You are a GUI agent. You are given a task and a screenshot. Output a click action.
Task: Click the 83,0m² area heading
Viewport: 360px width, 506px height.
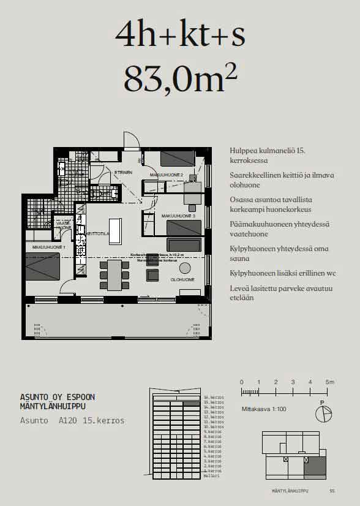pyautogui.click(x=180, y=78)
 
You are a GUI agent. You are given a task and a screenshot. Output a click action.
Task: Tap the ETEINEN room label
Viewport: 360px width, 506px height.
pyautogui.click(x=123, y=173)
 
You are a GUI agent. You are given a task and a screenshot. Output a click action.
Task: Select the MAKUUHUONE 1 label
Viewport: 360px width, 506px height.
pyautogui.click(x=48, y=247)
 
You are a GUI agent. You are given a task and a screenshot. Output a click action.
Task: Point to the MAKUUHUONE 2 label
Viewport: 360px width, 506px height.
pyautogui.click(x=167, y=175)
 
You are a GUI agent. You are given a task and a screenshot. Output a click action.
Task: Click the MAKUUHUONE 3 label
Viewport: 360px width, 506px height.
pyautogui.click(x=178, y=216)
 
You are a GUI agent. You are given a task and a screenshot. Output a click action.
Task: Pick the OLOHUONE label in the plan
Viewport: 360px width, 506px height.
pyautogui.click(x=182, y=279)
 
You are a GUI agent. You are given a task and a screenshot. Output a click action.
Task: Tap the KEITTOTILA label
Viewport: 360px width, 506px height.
pyautogui.click(x=97, y=233)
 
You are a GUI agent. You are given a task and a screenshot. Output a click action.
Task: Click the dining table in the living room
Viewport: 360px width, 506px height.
pyautogui.click(x=114, y=274)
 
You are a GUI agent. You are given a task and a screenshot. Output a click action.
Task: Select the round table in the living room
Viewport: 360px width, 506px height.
pyautogui.click(x=185, y=268)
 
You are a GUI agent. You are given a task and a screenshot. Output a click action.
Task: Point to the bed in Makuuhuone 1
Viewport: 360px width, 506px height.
pyautogui.click(x=43, y=267)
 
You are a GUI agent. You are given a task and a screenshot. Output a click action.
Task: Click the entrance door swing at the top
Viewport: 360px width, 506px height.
pyautogui.click(x=130, y=141)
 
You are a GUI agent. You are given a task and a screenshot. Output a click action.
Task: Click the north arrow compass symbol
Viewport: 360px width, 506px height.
pyautogui.click(x=323, y=413)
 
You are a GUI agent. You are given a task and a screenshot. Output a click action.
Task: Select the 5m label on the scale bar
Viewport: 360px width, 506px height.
pyautogui.click(x=329, y=382)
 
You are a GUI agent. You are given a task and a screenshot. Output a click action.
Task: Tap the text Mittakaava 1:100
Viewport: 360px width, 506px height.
pyautogui.click(x=263, y=409)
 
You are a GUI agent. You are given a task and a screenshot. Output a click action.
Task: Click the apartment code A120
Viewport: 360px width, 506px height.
pyautogui.click(x=69, y=421)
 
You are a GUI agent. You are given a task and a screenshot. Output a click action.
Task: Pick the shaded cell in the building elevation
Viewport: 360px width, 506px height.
pyautogui.click(x=192, y=404)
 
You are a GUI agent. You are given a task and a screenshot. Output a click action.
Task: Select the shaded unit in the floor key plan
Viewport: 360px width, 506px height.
pyautogui.click(x=315, y=467)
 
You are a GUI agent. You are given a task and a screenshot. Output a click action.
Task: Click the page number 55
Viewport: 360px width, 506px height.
pyautogui.click(x=332, y=491)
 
